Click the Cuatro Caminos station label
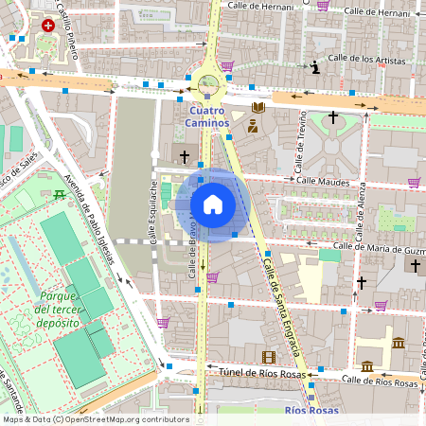coord(206,116)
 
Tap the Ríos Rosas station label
coord(311,411)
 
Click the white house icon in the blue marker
coord(213,204)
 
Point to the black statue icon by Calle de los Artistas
coord(315,65)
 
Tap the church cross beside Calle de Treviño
coord(332,118)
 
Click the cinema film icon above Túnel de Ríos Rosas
coord(269,357)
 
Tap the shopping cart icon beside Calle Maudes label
coord(414,182)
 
